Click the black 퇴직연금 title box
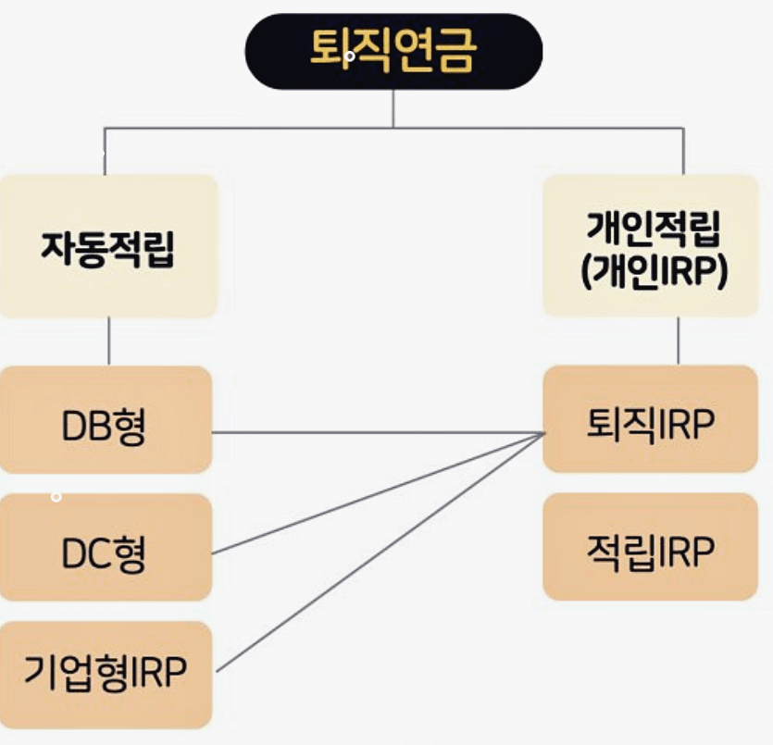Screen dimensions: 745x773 [393, 52]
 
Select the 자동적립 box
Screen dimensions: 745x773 [107, 246]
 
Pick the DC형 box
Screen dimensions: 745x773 [106, 553]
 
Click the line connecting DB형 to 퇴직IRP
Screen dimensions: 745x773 [370, 432]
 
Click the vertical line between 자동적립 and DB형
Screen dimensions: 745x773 [109, 341]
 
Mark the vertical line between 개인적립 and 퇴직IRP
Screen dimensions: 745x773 [679, 341]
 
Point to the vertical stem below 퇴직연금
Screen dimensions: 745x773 [393, 107]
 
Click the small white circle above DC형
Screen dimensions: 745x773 [56, 497]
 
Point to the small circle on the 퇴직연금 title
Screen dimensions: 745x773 [349, 56]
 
